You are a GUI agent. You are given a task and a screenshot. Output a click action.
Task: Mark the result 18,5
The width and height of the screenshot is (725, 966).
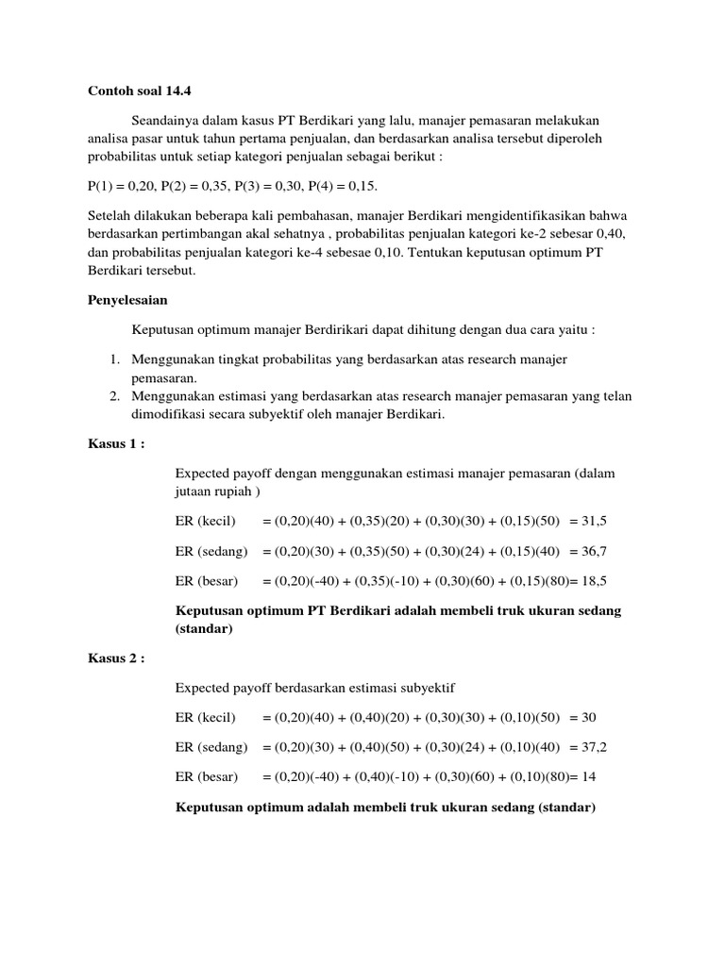tap(598, 580)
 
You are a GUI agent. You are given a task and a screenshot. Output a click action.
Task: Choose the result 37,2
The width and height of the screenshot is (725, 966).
tap(595, 747)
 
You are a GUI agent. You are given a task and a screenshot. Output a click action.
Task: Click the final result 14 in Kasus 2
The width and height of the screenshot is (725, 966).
tap(592, 776)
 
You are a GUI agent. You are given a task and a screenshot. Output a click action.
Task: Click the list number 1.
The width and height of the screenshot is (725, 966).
tap(112, 360)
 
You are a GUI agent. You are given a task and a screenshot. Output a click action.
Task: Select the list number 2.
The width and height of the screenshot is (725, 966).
tap(112, 396)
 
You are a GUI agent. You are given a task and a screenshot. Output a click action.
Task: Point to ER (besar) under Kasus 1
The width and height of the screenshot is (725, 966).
tap(207, 580)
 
